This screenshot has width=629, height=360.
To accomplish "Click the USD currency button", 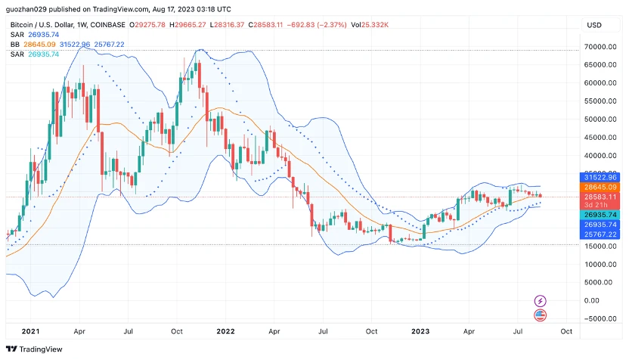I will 594,25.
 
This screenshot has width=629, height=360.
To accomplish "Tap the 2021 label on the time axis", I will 31,331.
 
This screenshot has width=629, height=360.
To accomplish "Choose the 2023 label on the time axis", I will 420,331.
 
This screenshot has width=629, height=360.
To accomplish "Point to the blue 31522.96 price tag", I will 600,177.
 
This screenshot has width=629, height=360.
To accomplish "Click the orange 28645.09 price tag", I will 600,187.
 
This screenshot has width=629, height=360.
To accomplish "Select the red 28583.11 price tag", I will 600,197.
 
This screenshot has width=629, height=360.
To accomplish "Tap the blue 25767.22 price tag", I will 600,234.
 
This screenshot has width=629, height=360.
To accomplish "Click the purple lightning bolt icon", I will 540,301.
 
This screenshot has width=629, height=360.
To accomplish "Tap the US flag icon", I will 540,315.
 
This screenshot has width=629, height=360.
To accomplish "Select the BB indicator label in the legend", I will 15,45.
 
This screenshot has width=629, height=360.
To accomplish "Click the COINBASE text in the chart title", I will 108,25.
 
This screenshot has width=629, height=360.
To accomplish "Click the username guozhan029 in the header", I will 28,9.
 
